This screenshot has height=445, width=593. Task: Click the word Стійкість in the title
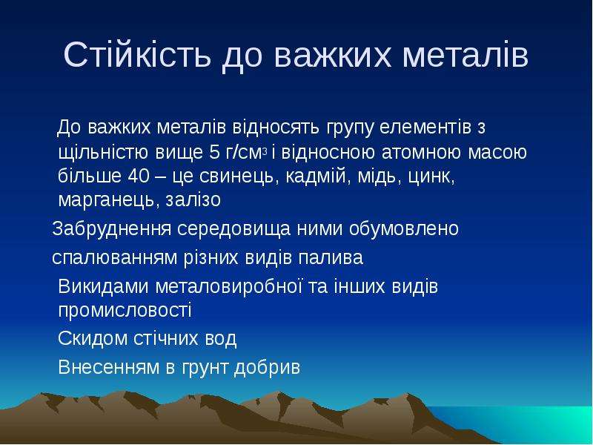tap(136, 54)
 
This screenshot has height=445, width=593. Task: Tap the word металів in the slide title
tap(465, 55)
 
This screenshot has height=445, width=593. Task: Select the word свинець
tap(236, 176)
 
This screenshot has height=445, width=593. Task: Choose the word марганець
tap(107, 200)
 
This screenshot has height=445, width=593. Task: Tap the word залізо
tap(193, 200)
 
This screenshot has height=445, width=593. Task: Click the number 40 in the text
tap(139, 176)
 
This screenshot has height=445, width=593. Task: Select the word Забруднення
tap(112, 229)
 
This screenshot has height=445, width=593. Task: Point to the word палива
tap(331, 258)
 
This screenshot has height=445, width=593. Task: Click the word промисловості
tap(125, 311)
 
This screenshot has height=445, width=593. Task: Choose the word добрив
tap(267, 366)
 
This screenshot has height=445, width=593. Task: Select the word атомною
tap(422, 153)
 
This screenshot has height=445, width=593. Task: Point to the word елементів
tap(425, 128)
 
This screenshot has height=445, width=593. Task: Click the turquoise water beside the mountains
tap(529, 424)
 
